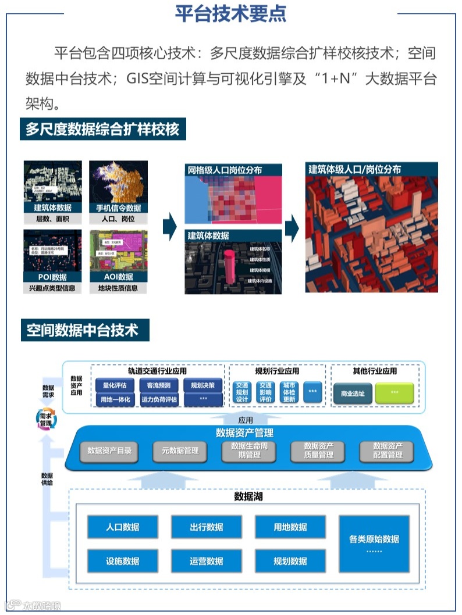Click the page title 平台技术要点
coord(230,14)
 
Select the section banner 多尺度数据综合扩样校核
coord(102,129)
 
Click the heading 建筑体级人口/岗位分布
coord(354,170)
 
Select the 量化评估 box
coord(115,385)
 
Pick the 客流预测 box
coord(158,385)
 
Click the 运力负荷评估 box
coord(158,400)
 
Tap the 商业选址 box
coord(352,394)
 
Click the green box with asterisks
coord(395,394)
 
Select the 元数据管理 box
coord(180,450)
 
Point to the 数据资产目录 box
coord(109,450)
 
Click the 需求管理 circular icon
coord(45,420)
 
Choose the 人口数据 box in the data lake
coord(122,527)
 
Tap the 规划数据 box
coord(290,561)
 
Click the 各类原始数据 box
coord(374,544)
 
